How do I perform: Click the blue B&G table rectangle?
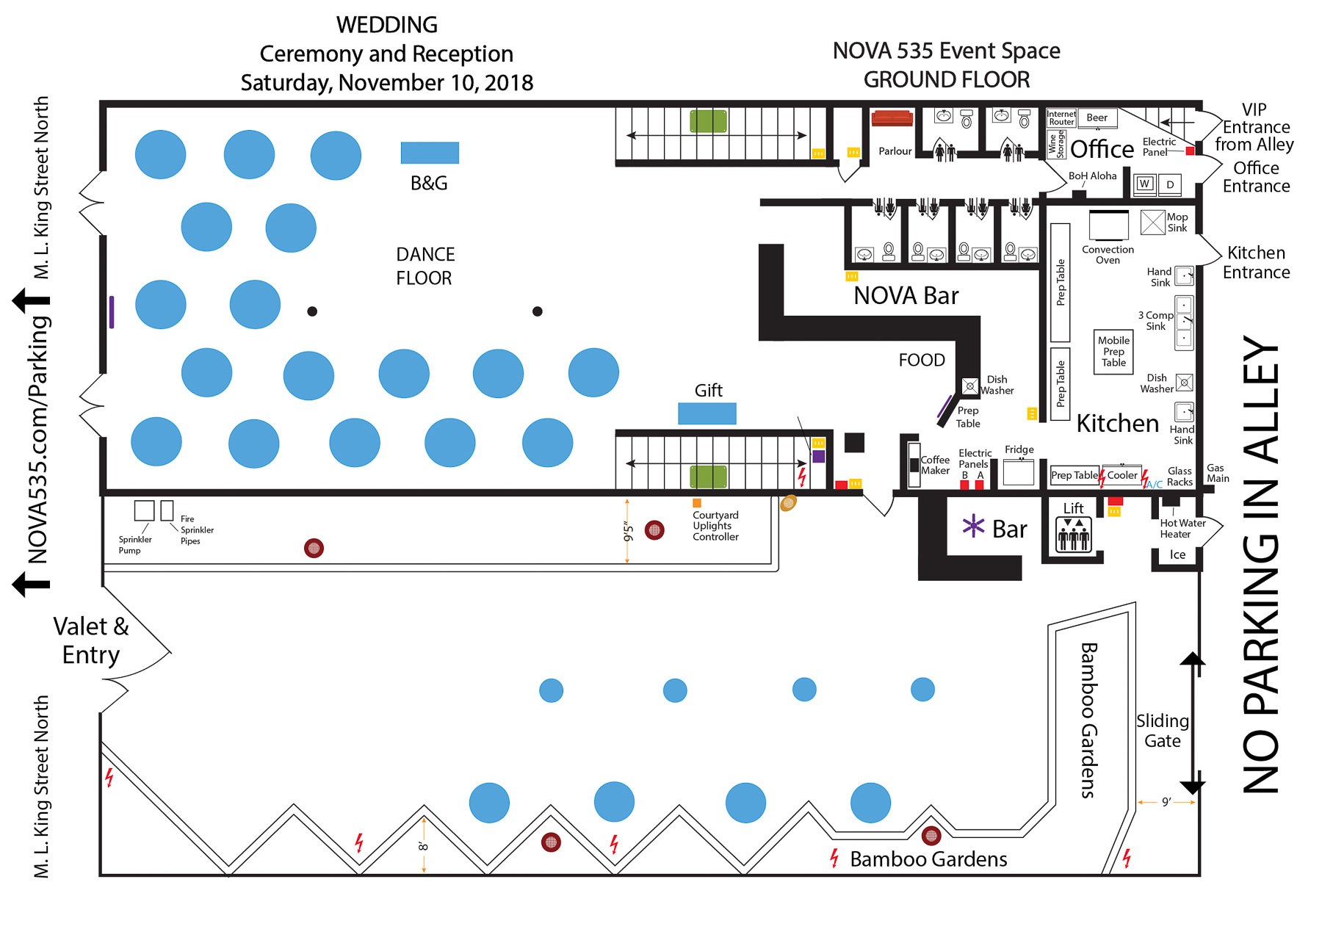point(430,153)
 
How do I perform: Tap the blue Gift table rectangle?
point(707,413)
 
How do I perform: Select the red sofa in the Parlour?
point(892,118)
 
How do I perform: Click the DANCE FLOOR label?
point(425,266)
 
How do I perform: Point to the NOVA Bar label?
point(906,296)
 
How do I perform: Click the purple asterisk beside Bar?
point(973,526)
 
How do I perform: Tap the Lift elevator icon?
point(1073,535)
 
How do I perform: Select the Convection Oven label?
point(1108,255)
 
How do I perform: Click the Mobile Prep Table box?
point(1113,352)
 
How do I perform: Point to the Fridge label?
point(1019,449)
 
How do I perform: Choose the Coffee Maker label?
point(935,465)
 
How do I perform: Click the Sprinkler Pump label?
point(135,545)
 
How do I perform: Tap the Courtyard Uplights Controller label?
point(715,526)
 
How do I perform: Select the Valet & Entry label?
point(91,640)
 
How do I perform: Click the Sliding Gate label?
point(1162,731)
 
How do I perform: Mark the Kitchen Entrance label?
point(1256,262)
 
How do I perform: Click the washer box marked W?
point(1144,184)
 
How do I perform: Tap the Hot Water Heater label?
point(1182,529)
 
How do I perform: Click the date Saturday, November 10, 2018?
point(387,83)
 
